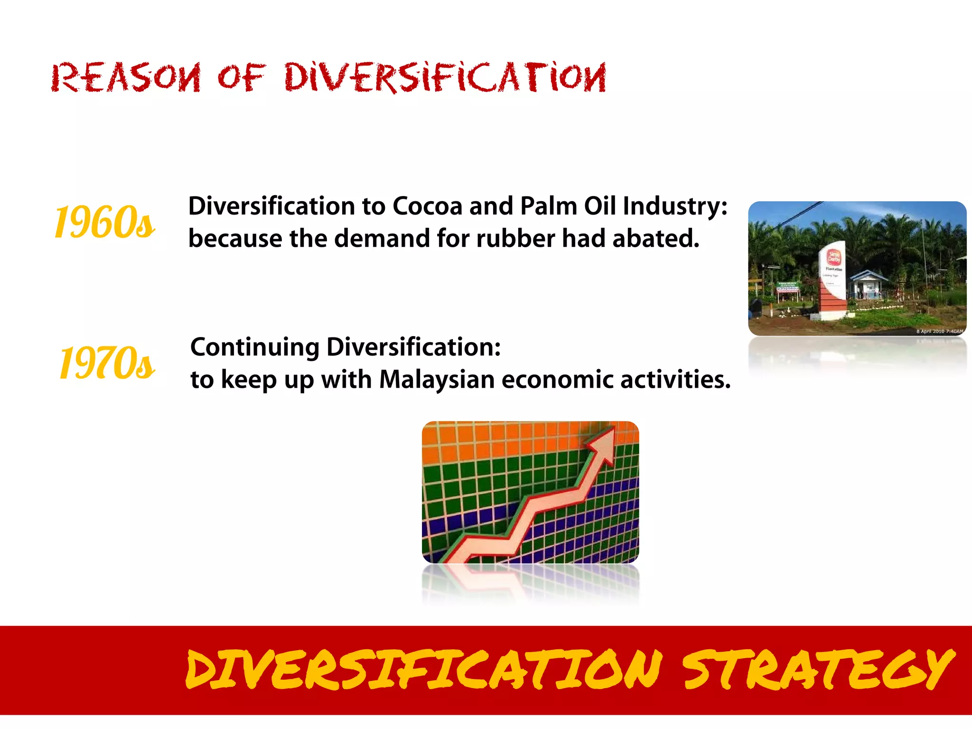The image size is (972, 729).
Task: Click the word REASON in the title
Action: coord(126,78)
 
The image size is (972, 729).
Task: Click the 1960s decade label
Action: coord(104,222)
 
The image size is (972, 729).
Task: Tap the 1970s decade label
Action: coord(106,363)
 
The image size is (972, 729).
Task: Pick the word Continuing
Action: coord(254,347)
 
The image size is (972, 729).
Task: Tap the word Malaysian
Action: coord(437,380)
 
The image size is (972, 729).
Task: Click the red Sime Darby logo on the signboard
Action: coord(834,257)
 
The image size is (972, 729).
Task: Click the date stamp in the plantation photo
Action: coord(939,331)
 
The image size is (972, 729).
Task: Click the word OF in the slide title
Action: coord(241,78)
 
